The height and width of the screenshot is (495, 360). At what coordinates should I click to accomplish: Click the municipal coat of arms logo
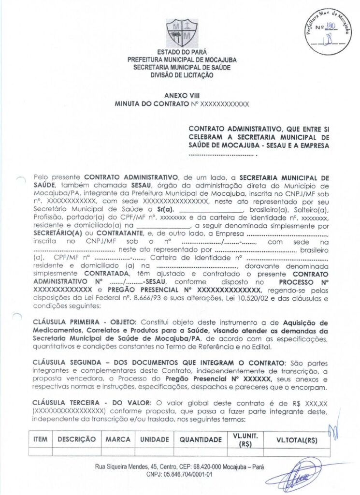(182, 33)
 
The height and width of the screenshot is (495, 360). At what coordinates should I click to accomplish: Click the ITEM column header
(41, 439)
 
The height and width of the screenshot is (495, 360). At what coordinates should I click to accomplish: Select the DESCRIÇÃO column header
(77, 439)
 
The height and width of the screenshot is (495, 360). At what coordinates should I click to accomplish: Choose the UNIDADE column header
(155, 439)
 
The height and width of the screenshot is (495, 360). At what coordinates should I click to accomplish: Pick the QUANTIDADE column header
(201, 439)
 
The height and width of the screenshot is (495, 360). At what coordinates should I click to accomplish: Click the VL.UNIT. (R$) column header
(245, 439)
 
